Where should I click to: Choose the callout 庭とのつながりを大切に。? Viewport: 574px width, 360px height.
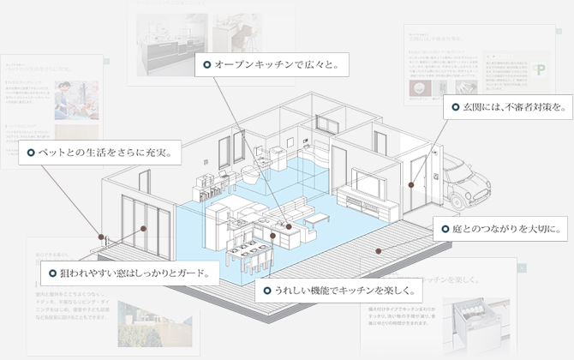498,229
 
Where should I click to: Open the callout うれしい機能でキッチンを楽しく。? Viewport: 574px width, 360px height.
342,291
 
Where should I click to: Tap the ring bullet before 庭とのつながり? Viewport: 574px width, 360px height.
444,229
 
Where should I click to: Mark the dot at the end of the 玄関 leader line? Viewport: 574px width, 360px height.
410,184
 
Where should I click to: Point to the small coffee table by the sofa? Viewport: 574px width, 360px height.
316,218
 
